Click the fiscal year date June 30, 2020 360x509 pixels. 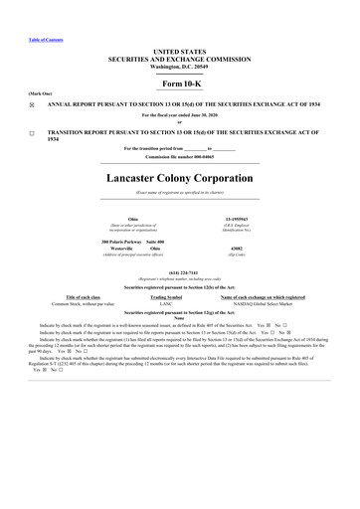pyautogui.click(x=201, y=115)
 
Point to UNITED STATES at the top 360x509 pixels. pyautogui.click(x=180, y=49)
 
